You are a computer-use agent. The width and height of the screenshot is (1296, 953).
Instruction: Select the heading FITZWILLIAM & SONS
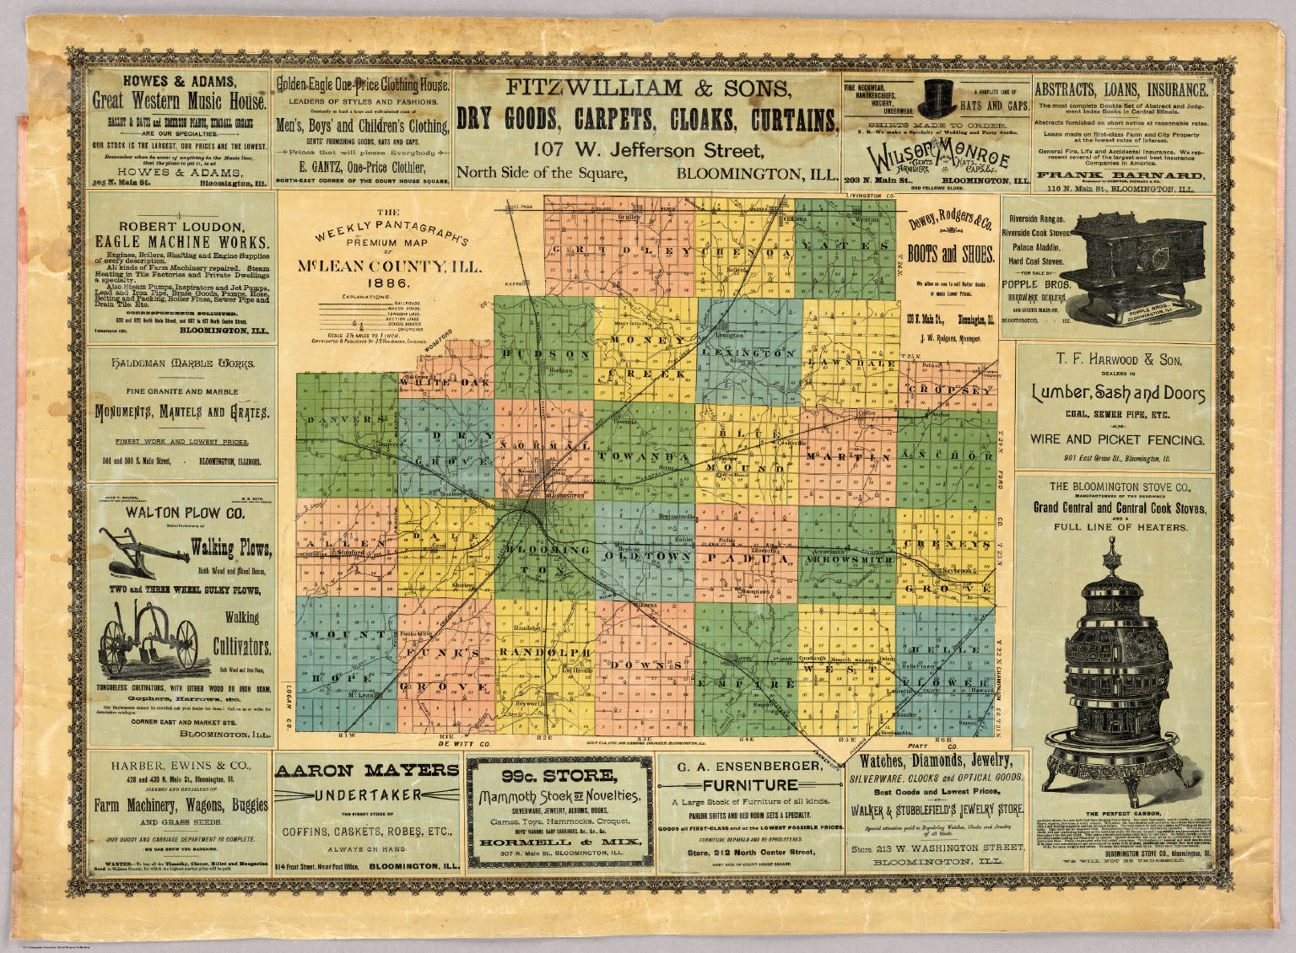click(x=647, y=87)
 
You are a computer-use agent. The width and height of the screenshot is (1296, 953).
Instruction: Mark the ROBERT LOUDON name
click(x=181, y=226)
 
